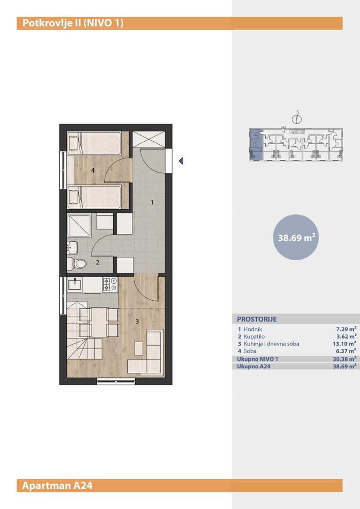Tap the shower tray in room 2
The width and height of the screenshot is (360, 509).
pyautogui.click(x=79, y=225)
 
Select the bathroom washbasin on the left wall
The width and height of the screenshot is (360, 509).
pyautogui.click(x=72, y=248)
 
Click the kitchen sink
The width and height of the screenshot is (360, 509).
pyautogui.click(x=74, y=285)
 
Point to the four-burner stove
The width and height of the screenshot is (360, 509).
pyautogui.click(x=110, y=285)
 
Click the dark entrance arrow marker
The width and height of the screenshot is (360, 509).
pyautogui.click(x=181, y=161)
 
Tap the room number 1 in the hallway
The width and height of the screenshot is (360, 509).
pyautogui.click(x=152, y=203)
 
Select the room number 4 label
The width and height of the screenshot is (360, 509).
pyautogui.click(x=93, y=170)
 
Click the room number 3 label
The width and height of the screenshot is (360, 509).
pyautogui.click(x=137, y=321)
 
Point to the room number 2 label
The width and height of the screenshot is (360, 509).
pyautogui.click(x=98, y=263)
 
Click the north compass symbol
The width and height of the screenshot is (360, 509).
pyautogui.click(x=297, y=118)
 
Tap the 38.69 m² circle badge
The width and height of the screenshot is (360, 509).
pyautogui.click(x=296, y=237)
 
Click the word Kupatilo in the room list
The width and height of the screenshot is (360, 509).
pyautogui.click(x=254, y=337)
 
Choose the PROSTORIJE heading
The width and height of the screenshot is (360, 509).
pyautogui.click(x=257, y=319)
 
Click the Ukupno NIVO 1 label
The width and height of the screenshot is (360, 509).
pyautogui.click(x=257, y=359)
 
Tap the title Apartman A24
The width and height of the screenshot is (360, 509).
pyautogui.click(x=57, y=485)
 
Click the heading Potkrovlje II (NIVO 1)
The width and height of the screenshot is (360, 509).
pyautogui.click(x=73, y=24)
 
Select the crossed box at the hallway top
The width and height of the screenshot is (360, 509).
pyautogui.click(x=149, y=139)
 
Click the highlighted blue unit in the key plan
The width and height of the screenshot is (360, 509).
pyautogui.click(x=256, y=145)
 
